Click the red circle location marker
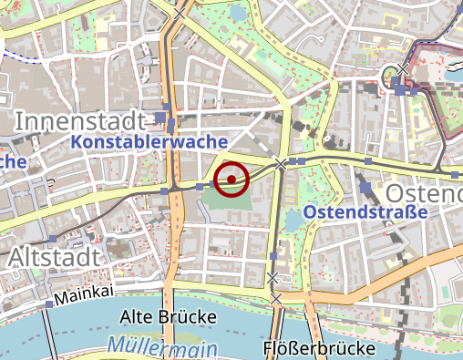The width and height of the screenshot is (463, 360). (232, 179)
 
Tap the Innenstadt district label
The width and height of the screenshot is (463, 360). (80, 121)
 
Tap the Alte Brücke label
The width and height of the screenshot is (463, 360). (169, 316)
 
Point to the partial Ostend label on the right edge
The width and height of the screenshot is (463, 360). (424, 194)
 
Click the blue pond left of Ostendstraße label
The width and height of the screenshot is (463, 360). (293, 219)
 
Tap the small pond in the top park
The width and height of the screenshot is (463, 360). (238, 15)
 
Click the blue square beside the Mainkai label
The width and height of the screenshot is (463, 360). (48, 303)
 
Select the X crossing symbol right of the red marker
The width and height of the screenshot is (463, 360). (281, 164)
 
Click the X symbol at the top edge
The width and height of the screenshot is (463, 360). (180, 14)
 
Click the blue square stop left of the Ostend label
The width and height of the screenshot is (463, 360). (365, 188)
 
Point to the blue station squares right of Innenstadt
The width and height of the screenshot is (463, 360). (165, 118)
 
